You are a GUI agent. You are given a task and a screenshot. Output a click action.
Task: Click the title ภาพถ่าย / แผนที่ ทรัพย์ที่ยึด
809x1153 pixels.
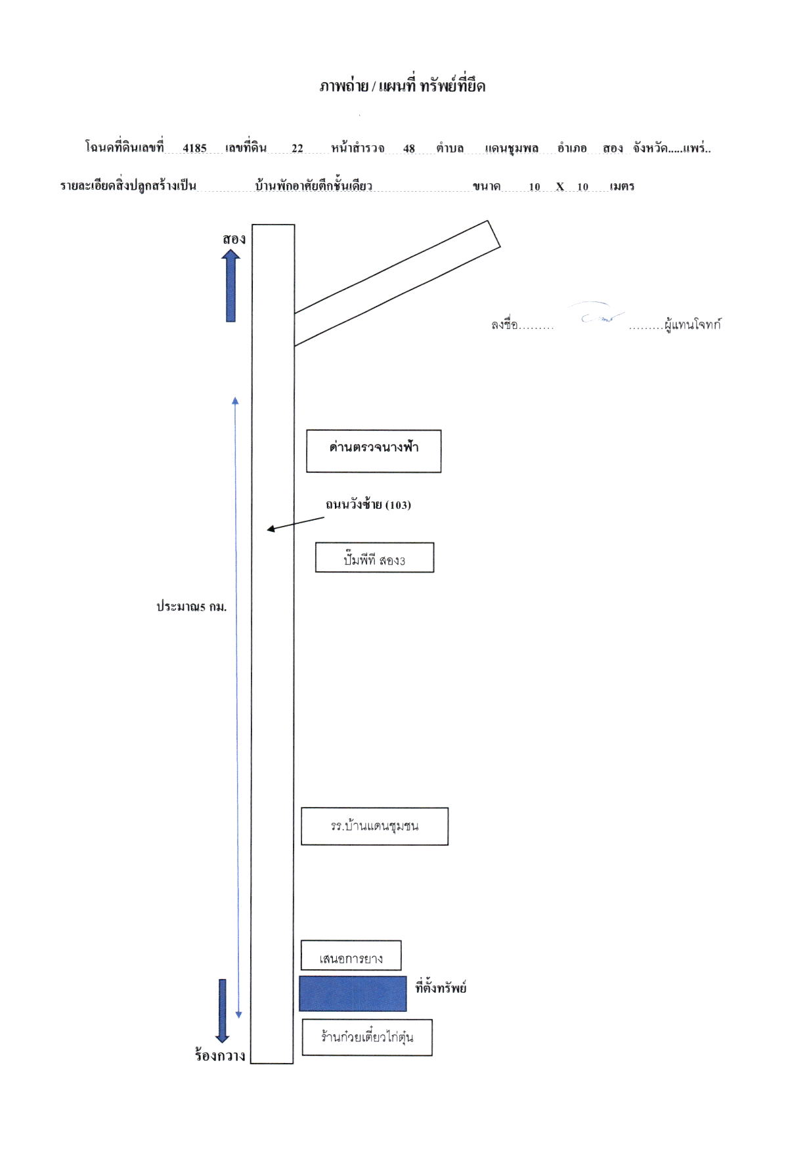(403, 87)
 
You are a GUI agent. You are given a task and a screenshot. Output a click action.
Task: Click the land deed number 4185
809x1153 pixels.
(194, 148)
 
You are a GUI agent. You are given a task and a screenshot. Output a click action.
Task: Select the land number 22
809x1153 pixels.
(297, 148)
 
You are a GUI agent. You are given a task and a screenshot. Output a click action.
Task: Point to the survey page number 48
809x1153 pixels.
(409, 148)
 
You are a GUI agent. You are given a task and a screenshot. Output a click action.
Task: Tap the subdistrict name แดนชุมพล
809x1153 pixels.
(512, 148)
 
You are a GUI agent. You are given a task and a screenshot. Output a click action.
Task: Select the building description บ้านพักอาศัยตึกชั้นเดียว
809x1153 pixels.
(314, 186)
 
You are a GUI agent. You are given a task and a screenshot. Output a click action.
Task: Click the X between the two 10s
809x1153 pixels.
(560, 186)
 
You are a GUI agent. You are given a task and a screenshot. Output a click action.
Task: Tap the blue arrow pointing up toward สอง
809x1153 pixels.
(230, 286)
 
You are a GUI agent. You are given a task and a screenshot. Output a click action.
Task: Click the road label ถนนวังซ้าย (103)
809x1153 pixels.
(368, 504)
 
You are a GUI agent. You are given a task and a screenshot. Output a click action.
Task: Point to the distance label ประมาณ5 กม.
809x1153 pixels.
(191, 607)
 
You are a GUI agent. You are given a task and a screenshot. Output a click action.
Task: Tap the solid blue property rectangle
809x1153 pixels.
(353, 993)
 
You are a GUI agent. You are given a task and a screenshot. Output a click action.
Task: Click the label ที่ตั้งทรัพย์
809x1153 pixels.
(441, 988)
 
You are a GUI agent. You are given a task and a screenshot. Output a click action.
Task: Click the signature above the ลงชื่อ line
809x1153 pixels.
(601, 314)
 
